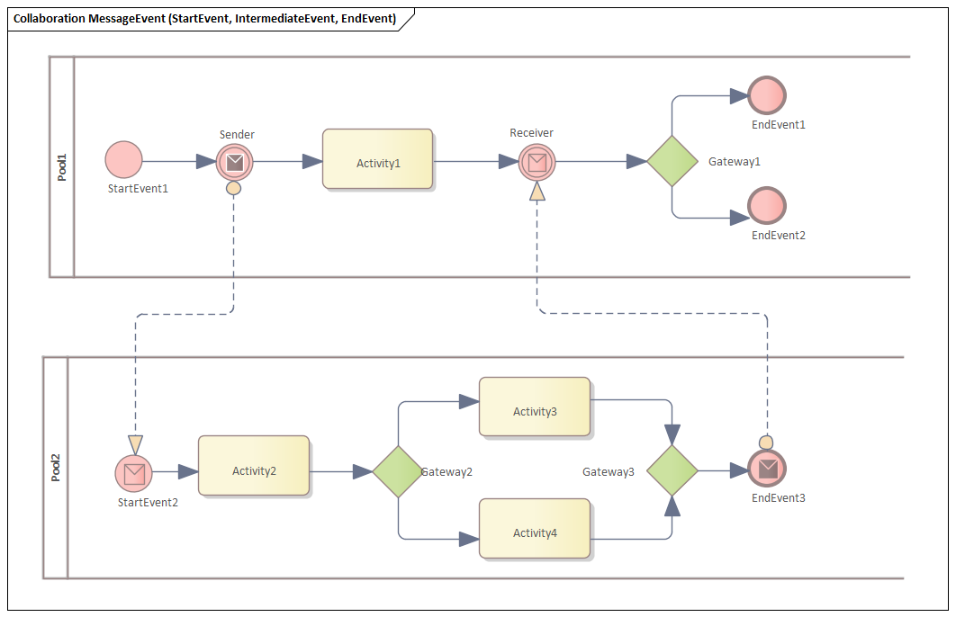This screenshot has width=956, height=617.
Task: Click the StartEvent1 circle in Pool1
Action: (x=123, y=160)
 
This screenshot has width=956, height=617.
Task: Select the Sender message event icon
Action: (x=234, y=162)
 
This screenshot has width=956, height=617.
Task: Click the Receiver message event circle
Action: (x=537, y=162)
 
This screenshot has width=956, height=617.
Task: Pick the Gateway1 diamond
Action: (x=672, y=161)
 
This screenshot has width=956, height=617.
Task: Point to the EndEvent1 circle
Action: (x=767, y=95)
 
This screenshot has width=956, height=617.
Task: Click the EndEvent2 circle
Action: (x=767, y=206)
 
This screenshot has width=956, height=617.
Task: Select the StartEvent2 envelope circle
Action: (x=134, y=472)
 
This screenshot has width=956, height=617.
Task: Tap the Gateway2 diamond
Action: (x=398, y=471)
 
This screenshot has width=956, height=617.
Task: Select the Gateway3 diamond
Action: (x=672, y=470)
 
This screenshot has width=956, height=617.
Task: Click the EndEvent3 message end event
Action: (x=767, y=469)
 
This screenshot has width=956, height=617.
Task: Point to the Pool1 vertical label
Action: (x=62, y=167)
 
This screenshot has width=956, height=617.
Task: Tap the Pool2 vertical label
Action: (x=56, y=468)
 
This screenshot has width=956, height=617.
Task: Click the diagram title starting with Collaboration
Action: (x=205, y=19)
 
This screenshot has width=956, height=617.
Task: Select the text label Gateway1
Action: (x=735, y=161)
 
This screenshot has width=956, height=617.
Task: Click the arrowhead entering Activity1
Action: (x=312, y=161)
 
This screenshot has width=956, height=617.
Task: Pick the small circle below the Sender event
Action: (x=233, y=189)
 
